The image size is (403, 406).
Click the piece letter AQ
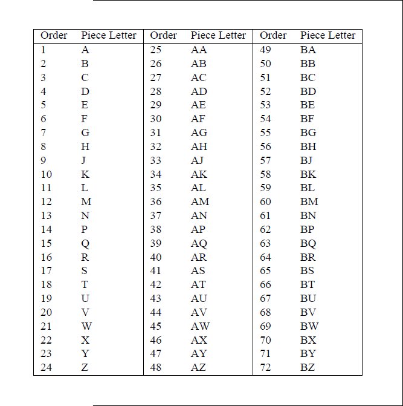click(x=199, y=243)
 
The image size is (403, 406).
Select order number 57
click(x=265, y=160)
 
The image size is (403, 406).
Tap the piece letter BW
click(x=309, y=326)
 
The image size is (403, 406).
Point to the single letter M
click(x=86, y=201)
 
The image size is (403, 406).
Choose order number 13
click(x=46, y=215)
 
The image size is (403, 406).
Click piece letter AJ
click(x=198, y=160)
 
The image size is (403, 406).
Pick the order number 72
click(x=265, y=367)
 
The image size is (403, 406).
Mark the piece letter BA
click(x=308, y=50)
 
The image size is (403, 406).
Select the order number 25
click(x=156, y=50)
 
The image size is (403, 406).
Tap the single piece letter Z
click(x=85, y=367)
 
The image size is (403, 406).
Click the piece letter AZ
click(x=198, y=367)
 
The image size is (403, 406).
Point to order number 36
click(x=156, y=201)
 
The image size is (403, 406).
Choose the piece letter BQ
click(x=308, y=243)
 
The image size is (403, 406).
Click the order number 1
click(x=44, y=50)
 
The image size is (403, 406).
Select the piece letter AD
click(x=199, y=91)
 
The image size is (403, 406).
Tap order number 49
click(x=265, y=50)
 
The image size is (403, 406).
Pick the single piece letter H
click(x=85, y=146)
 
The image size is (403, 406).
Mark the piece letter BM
click(x=309, y=201)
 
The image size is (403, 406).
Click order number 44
click(x=156, y=312)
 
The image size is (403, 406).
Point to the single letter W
click(x=86, y=326)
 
